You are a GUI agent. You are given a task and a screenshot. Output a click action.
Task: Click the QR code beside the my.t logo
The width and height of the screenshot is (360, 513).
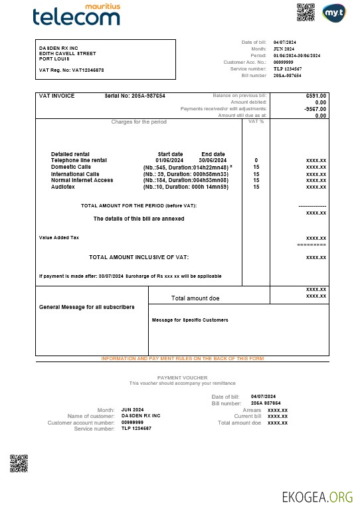(305, 12)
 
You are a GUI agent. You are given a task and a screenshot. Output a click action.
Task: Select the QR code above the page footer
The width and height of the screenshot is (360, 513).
(19, 462)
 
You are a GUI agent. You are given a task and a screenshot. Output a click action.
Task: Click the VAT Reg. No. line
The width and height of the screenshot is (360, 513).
(71, 70)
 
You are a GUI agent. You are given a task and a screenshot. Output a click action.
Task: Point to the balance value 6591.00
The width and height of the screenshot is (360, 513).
(316, 96)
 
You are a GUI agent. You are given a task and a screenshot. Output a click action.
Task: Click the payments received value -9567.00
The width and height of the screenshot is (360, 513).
(315, 108)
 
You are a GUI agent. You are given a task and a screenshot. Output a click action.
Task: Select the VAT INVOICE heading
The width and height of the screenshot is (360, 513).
(57, 96)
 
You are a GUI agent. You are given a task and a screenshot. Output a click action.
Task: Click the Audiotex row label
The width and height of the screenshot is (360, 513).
(63, 187)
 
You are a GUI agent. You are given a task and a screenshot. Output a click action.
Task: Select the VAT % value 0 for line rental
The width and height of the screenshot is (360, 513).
(256, 160)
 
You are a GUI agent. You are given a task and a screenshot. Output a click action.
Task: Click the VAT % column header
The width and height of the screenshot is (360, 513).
(256, 122)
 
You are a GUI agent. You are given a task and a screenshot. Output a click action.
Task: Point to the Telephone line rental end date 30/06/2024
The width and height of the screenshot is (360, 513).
(213, 160)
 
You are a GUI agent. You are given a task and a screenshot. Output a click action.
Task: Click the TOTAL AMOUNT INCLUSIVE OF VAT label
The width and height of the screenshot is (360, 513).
(139, 256)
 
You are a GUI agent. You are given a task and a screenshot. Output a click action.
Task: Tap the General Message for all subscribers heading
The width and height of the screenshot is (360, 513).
(87, 307)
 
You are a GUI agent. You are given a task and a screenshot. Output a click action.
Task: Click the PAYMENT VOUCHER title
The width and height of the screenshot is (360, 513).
(182, 377)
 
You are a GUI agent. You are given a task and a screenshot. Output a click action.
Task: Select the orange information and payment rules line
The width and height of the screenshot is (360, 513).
(182, 358)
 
